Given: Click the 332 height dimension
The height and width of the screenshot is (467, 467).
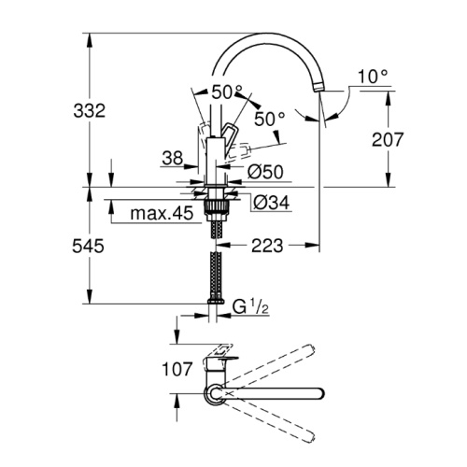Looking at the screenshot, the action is [x=90, y=111].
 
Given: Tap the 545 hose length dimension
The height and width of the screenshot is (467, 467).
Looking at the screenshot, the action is [x=88, y=247].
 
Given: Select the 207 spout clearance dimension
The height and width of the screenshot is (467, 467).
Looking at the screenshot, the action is [x=388, y=139].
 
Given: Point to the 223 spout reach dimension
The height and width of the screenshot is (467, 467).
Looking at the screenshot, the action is [x=267, y=246].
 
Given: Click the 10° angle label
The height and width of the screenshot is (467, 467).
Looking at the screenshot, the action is [x=373, y=77].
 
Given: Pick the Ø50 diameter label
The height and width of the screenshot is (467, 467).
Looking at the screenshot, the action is [x=265, y=172].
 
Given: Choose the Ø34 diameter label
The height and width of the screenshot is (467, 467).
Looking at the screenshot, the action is [x=271, y=203].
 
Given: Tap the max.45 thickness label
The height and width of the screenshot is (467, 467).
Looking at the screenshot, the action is [x=162, y=214].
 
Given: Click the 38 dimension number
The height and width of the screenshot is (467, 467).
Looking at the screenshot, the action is [x=173, y=158].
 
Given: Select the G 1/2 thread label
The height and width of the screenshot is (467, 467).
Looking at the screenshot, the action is [x=250, y=307].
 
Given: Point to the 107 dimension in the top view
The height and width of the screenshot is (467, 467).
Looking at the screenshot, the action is [x=177, y=370].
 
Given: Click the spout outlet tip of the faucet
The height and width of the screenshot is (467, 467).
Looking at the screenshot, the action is [x=318, y=88].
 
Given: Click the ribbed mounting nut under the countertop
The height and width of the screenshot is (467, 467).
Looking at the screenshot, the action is [x=215, y=206].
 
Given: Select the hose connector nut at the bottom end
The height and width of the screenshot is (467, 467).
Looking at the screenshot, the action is [x=215, y=301].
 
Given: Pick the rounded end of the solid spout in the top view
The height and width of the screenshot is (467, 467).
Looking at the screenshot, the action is [x=320, y=393].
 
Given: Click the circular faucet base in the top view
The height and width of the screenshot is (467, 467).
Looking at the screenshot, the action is [x=215, y=394].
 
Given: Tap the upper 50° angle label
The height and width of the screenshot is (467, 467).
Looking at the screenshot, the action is [x=227, y=92].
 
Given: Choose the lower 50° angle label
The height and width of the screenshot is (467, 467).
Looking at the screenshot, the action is [x=270, y=119].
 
